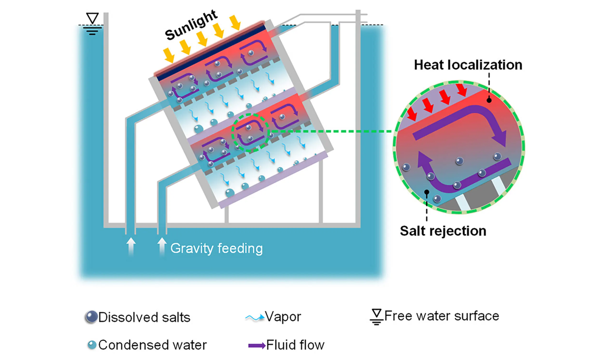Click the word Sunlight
(x=191, y=25)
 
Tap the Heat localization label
(x=468, y=65)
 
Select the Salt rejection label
(x=443, y=231)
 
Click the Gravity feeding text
(x=217, y=249)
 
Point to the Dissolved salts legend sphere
(x=91, y=317)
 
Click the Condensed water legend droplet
(x=92, y=345)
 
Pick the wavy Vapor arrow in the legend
(x=255, y=317)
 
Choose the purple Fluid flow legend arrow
(x=257, y=346)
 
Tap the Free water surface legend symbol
(x=377, y=317)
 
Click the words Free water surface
(x=442, y=316)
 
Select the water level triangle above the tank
(x=92, y=18)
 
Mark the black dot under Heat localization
(x=489, y=100)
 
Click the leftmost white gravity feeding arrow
(x=131, y=246)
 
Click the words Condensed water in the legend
(x=152, y=345)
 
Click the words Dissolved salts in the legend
(x=144, y=317)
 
